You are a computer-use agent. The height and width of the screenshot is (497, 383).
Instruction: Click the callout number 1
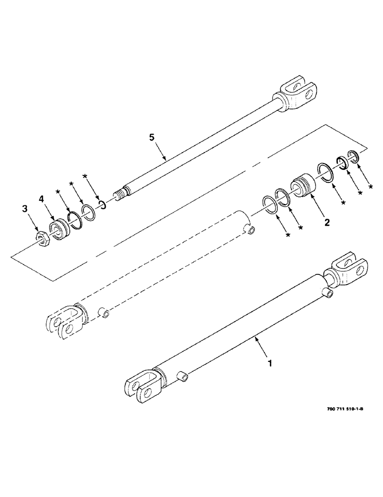coord(270,364)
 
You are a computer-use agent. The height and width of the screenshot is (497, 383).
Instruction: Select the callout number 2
coord(326,223)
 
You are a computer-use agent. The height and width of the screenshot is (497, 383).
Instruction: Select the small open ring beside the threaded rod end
coord(101,204)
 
